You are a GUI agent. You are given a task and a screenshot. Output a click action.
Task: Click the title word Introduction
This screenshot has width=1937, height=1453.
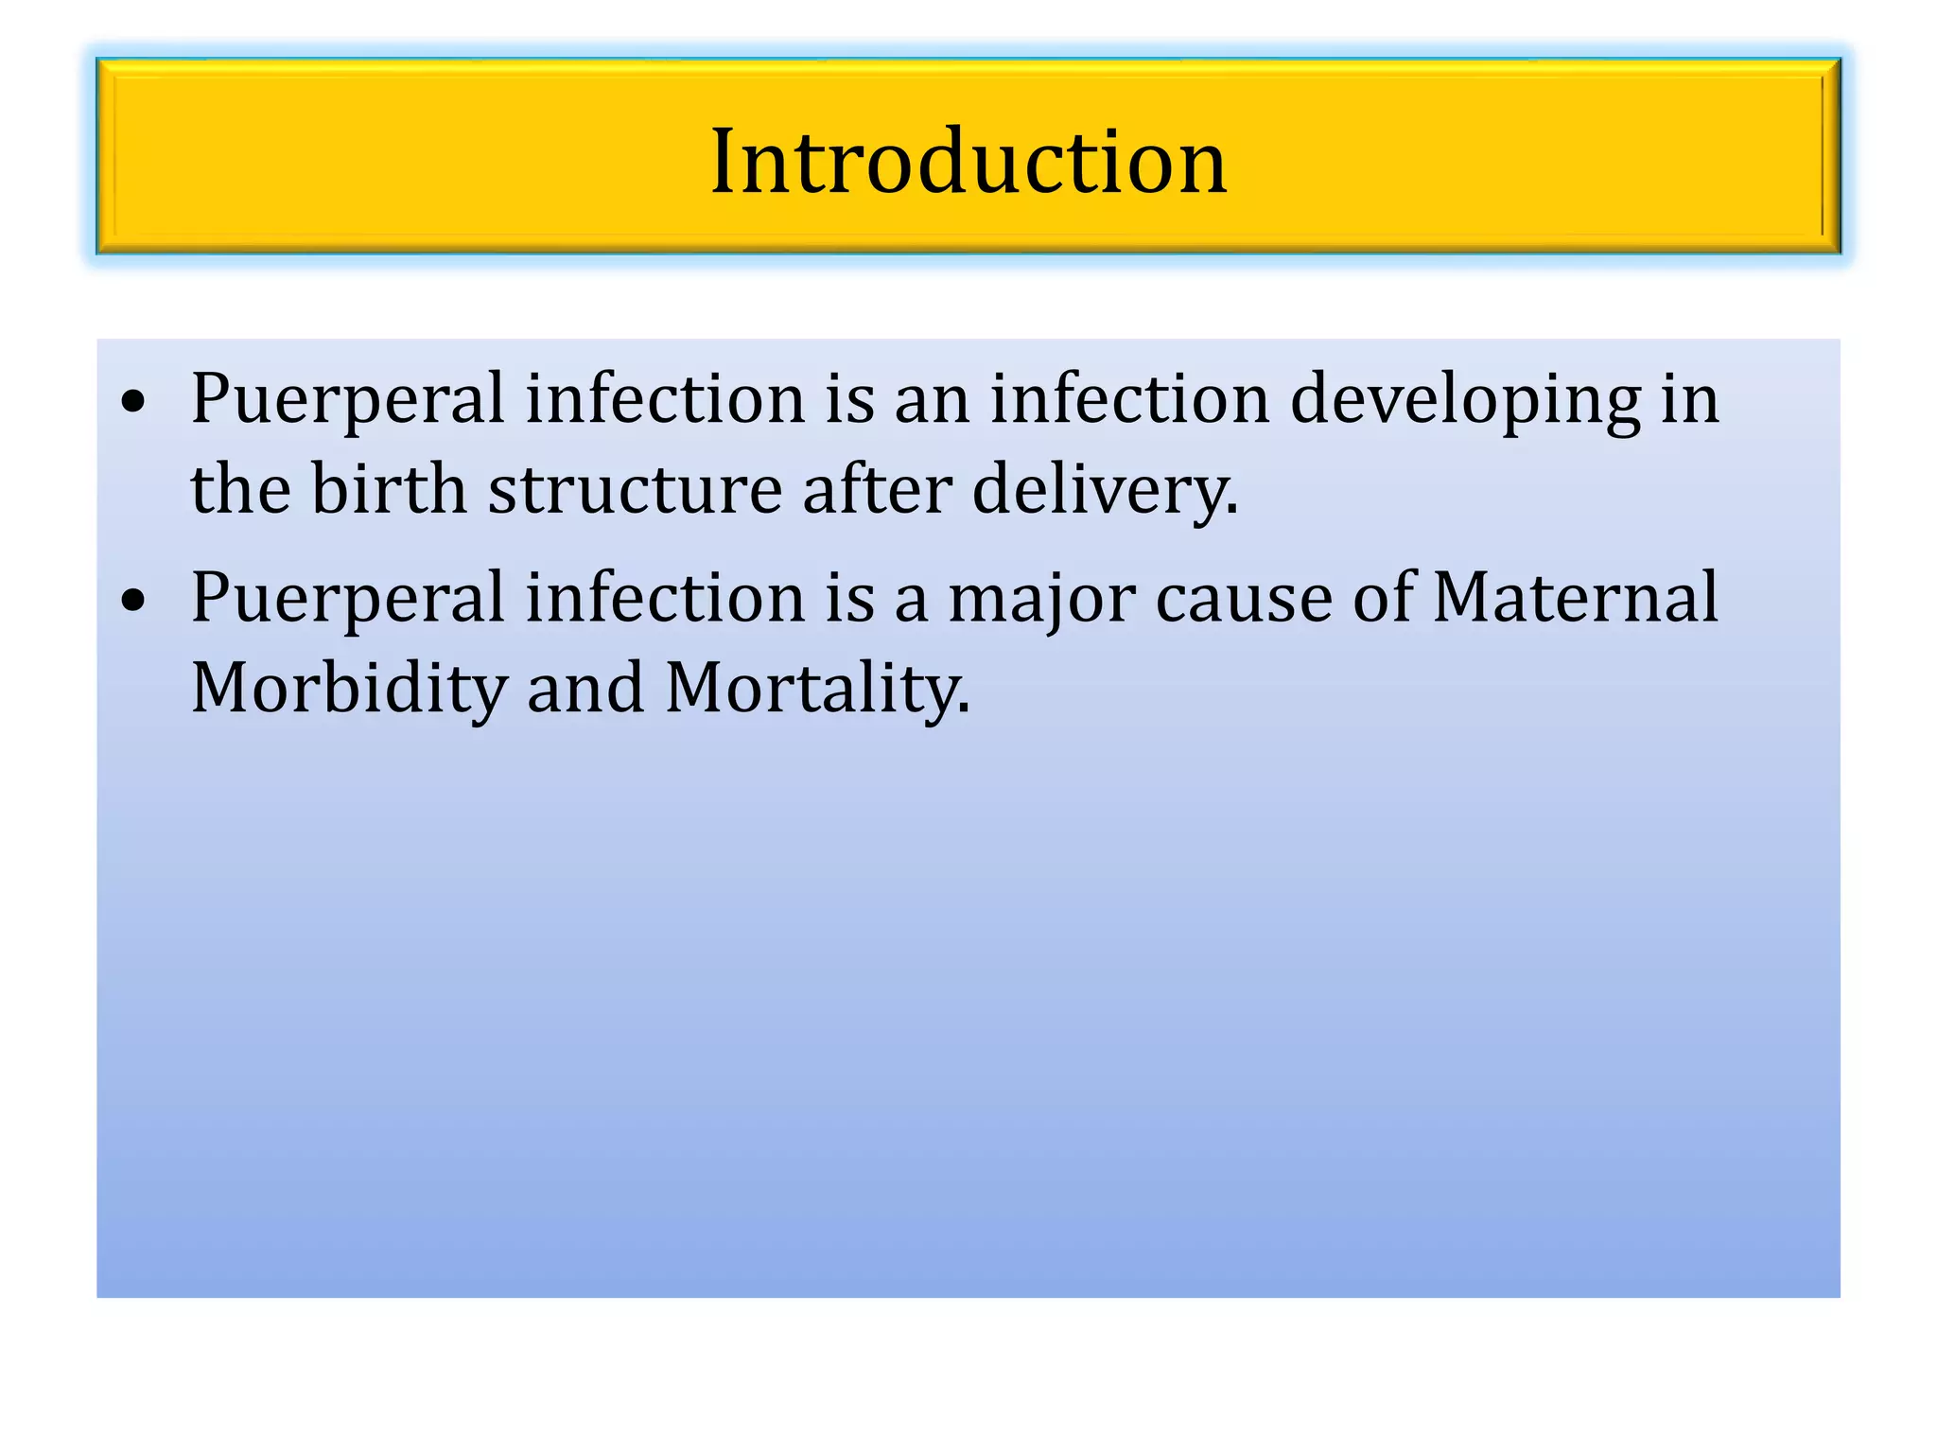click(968, 163)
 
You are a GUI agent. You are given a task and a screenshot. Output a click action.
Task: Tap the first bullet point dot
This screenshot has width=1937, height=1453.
click(134, 401)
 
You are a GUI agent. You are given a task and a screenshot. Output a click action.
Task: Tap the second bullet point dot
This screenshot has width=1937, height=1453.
click(134, 600)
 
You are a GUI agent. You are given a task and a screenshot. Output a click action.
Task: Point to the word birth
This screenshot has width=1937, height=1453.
click(389, 490)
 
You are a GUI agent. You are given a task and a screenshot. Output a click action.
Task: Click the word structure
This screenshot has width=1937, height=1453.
click(635, 490)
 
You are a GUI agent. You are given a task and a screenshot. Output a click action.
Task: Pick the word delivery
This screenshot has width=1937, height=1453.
click(1105, 490)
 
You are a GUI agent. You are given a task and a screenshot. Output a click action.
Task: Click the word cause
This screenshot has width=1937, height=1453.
click(1244, 598)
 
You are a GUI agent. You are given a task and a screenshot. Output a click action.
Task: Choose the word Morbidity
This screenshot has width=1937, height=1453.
click(349, 689)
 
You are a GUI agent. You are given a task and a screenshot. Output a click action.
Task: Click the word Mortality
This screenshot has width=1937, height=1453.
click(817, 689)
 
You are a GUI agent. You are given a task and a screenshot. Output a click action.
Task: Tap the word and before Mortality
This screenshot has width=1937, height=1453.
click(585, 689)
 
